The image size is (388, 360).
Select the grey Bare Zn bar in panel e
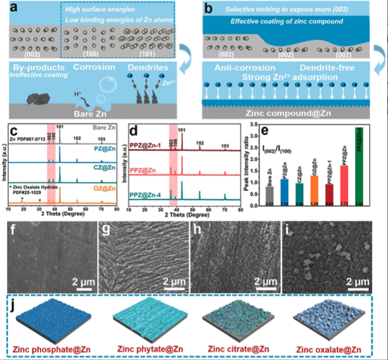(270, 195)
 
